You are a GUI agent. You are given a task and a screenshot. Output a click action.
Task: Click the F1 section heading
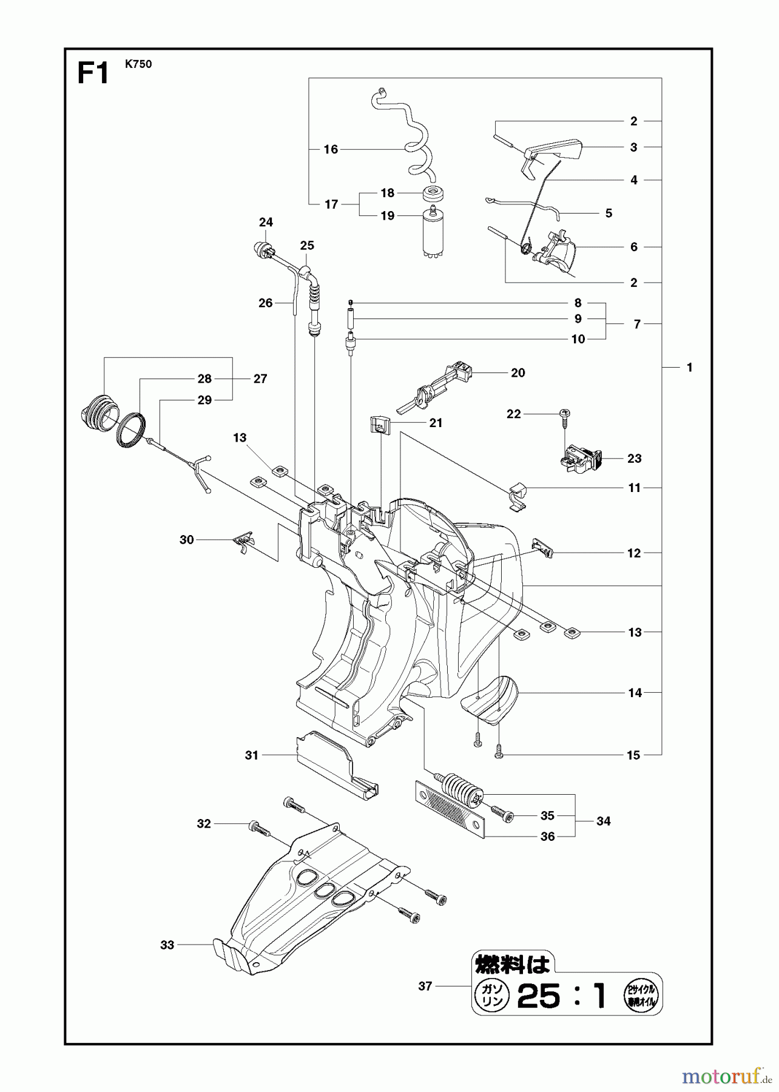92,74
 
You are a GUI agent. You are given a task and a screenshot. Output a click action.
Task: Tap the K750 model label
138,64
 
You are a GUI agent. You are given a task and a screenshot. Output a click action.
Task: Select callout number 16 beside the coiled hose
331,149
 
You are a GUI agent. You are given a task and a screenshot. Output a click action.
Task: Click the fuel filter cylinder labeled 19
433,234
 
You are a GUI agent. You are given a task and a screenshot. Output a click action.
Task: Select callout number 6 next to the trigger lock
633,247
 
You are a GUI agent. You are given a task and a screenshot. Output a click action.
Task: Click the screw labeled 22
564,414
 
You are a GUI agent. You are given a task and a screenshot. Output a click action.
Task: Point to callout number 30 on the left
187,539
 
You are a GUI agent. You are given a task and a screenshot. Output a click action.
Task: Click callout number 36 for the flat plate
547,837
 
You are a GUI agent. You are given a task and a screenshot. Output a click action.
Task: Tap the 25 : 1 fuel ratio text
561,996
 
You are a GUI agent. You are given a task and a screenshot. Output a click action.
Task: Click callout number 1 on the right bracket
689,368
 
